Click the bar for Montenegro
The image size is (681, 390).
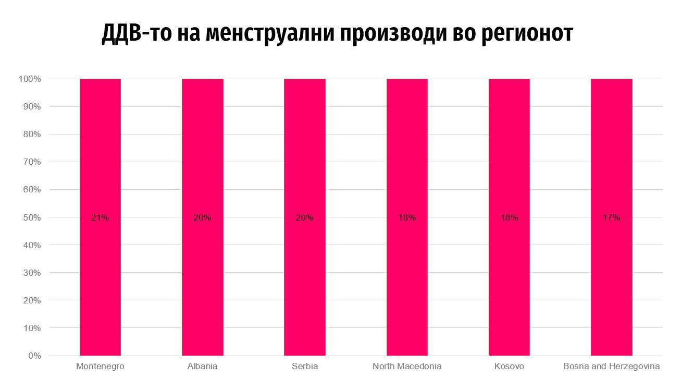pyautogui.click(x=100, y=156)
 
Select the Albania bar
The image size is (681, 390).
pyautogui.click(x=202, y=156)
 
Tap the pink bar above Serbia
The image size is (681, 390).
pyautogui.click(x=304, y=156)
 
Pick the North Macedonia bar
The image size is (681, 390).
pyautogui.click(x=407, y=156)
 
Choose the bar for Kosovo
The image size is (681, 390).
pyautogui.click(x=509, y=156)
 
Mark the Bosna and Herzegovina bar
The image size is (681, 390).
pyautogui.click(x=611, y=156)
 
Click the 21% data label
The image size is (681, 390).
pyautogui.click(x=100, y=218)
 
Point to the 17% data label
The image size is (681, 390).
pyautogui.click(x=611, y=218)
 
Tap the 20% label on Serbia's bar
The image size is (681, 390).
pyautogui.click(x=304, y=218)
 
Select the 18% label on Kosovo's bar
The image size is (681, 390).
pyautogui.click(x=509, y=218)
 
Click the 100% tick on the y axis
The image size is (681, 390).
pyautogui.click(x=30, y=79)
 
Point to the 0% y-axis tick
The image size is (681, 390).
pyautogui.click(x=34, y=356)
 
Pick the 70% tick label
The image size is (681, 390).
pyautogui.click(x=32, y=162)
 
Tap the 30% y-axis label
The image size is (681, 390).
pyautogui.click(x=32, y=273)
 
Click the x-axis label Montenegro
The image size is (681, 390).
pyautogui.click(x=100, y=367)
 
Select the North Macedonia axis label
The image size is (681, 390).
pyautogui.click(x=407, y=367)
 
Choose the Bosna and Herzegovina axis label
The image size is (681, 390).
pyautogui.click(x=611, y=367)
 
